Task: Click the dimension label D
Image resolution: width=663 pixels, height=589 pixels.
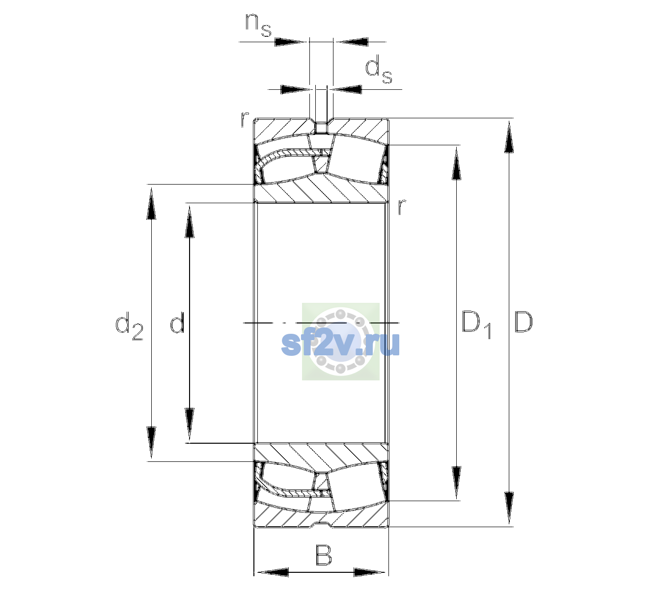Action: pos(523,322)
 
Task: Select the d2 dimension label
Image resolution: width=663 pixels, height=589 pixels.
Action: pos(129,326)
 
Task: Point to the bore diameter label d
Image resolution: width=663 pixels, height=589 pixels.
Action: pos(177,322)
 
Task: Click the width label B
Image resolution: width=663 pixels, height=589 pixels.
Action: pos(323,555)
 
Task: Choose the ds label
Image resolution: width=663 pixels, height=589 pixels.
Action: pos(378,69)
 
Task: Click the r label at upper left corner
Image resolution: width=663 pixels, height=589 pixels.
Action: pos(245,119)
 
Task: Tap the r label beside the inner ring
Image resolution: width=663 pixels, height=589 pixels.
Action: pos(402,206)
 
